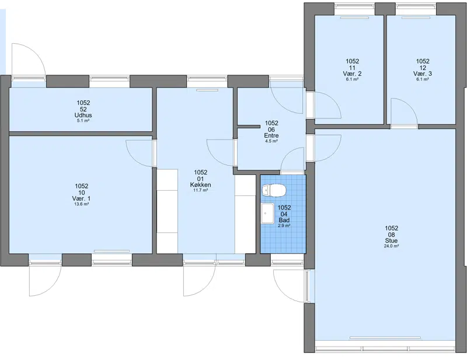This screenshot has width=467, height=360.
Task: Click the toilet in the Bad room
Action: (x=274, y=191)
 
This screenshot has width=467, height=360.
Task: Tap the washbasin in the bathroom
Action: (x=268, y=213)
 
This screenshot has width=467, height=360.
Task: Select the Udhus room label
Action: (x=83, y=116)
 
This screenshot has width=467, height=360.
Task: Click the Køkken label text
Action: (x=200, y=185)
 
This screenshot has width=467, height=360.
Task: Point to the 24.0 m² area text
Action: (x=391, y=246)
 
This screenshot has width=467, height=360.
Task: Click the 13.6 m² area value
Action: (x=82, y=204)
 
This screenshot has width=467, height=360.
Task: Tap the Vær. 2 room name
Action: (x=352, y=74)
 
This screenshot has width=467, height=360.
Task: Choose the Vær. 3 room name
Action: (x=422, y=74)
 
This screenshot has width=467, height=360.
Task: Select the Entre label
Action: (x=271, y=136)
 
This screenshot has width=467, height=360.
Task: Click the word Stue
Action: (x=391, y=240)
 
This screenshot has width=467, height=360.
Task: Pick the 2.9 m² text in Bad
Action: (x=284, y=226)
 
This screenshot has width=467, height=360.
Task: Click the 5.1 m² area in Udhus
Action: (x=83, y=121)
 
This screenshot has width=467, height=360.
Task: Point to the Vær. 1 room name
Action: (x=82, y=198)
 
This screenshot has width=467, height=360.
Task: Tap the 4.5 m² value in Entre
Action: (x=271, y=141)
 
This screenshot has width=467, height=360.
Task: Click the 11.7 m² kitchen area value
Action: (x=200, y=190)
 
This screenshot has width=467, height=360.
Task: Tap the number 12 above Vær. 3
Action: (x=423, y=68)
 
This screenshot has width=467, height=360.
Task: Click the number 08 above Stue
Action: (x=391, y=235)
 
